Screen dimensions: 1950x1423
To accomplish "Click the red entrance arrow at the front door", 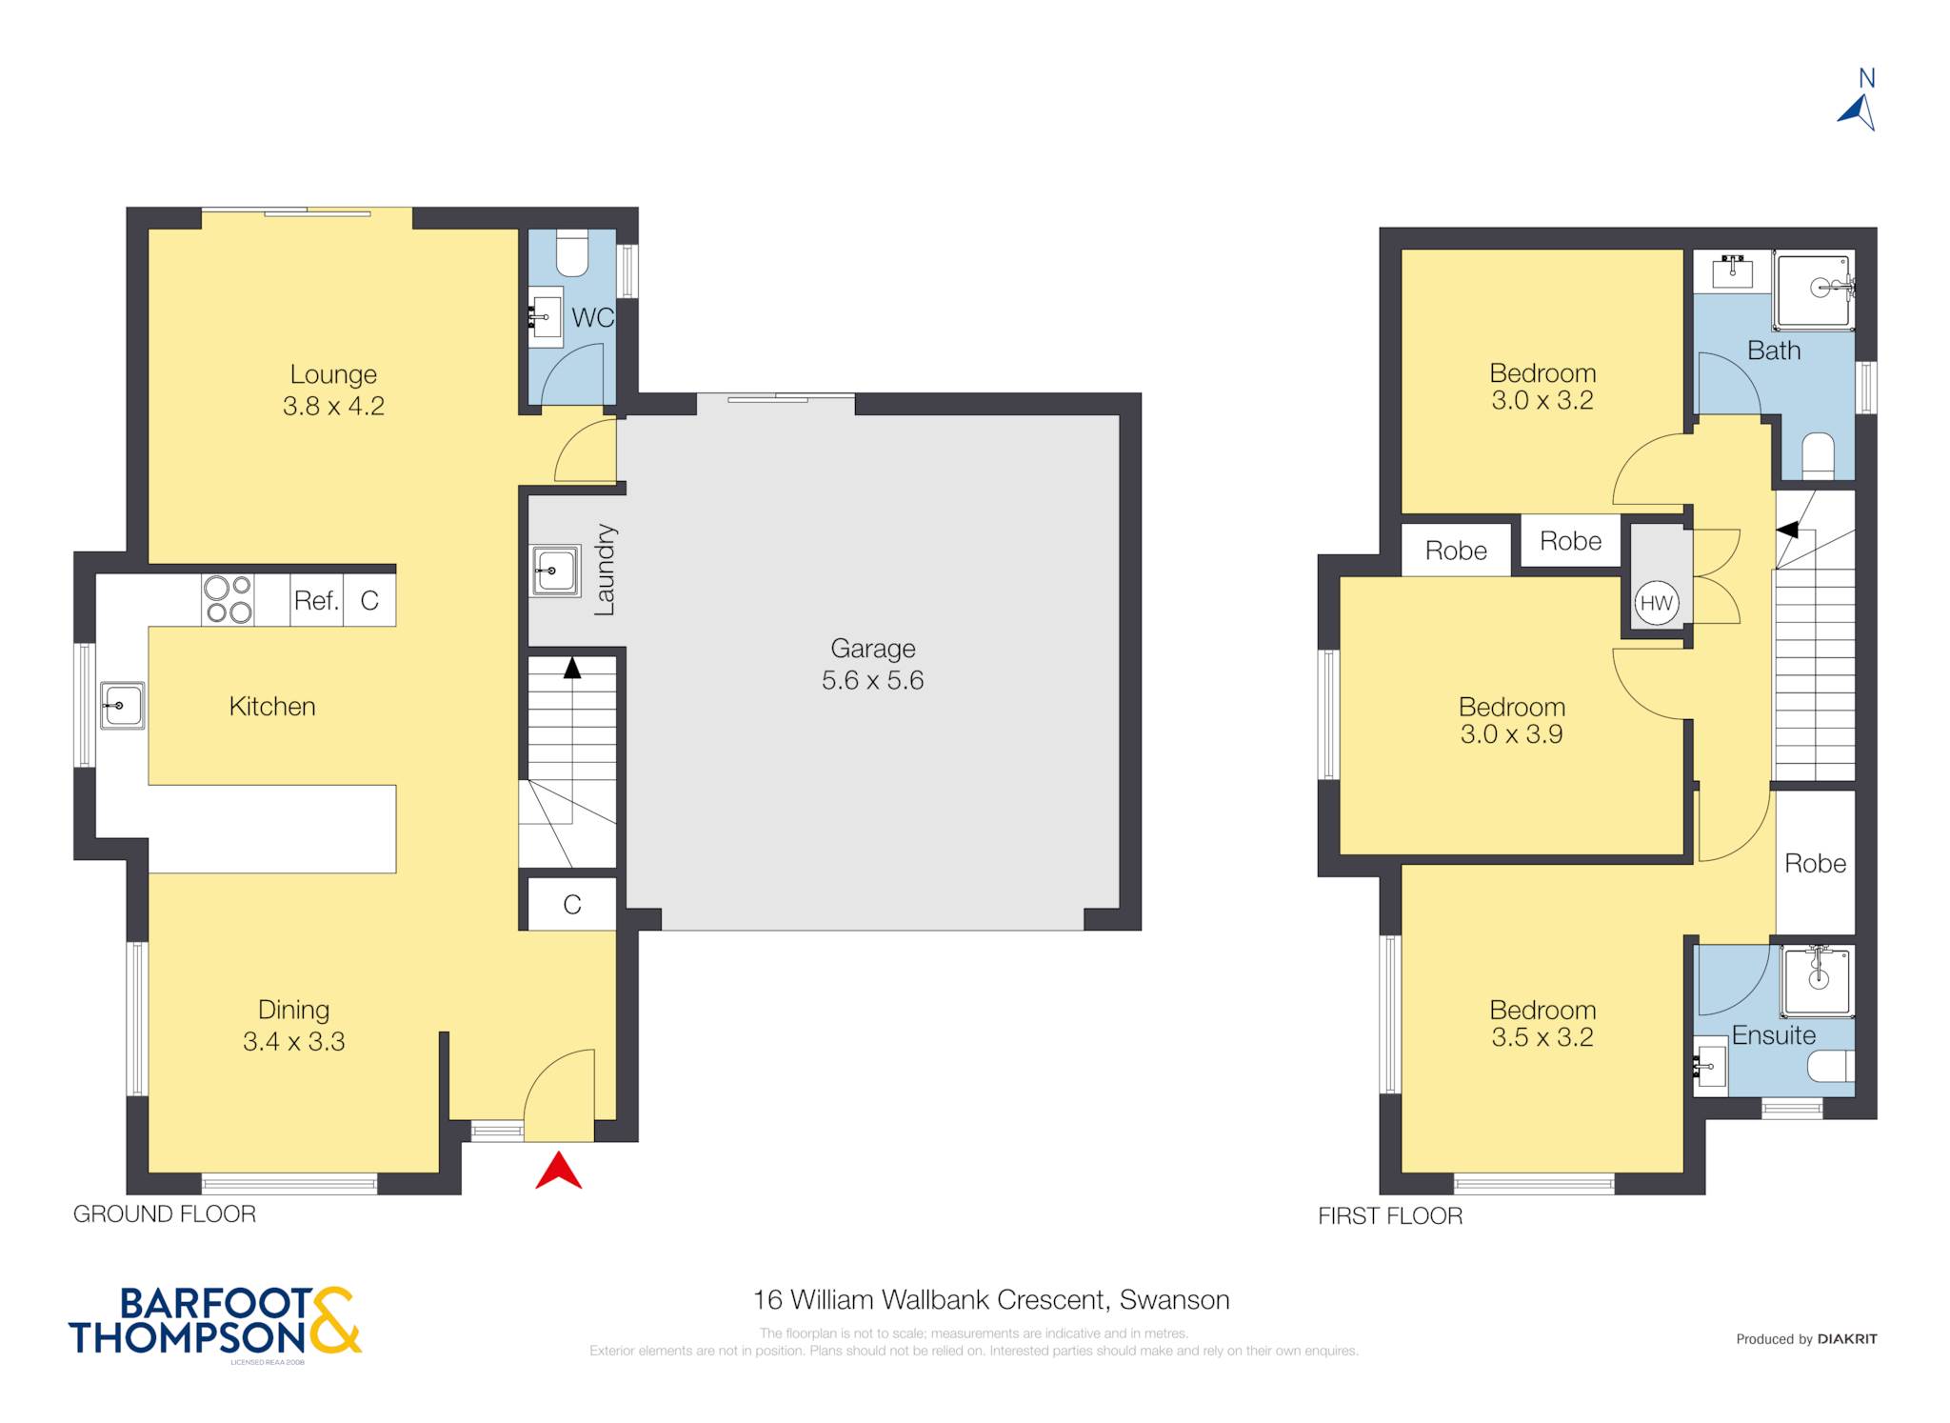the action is point(559,1172).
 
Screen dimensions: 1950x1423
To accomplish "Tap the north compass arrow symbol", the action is point(1858,112).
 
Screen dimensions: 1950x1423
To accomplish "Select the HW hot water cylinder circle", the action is point(1657,603).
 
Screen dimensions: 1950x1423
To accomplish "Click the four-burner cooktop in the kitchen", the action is point(228,600).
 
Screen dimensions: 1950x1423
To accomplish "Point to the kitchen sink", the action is point(122,706).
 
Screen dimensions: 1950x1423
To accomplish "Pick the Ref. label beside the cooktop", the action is point(316,600).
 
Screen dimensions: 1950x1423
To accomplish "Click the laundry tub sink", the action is point(555,571).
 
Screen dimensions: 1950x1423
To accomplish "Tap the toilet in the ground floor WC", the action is point(572,252).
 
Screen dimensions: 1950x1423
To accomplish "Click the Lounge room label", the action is point(333,374).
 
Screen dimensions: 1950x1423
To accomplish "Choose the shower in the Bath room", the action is point(1815,290).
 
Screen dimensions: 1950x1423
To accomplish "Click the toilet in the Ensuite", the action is point(1831,1066).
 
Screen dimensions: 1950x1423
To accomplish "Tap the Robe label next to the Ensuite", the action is point(1815,863).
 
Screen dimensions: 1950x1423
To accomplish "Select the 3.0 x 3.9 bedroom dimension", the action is point(1511,733).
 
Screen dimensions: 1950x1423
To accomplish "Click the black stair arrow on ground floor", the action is point(571,668).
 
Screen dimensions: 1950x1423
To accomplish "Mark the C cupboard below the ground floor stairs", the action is point(572,904).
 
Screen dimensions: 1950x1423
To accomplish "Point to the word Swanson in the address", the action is point(1174,1299).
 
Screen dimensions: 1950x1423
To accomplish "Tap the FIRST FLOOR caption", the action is point(1390,1215).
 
